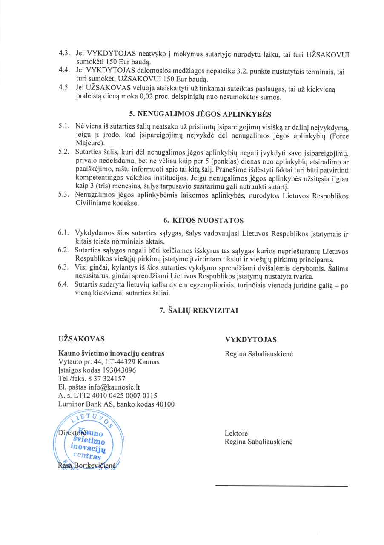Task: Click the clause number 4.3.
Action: click(64, 54)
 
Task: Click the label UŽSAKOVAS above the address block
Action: click(81, 339)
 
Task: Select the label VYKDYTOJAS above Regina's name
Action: click(251, 339)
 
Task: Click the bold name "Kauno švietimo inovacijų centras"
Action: click(111, 353)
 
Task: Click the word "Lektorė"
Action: click(236, 433)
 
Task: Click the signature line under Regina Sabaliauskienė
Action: click(281, 486)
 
